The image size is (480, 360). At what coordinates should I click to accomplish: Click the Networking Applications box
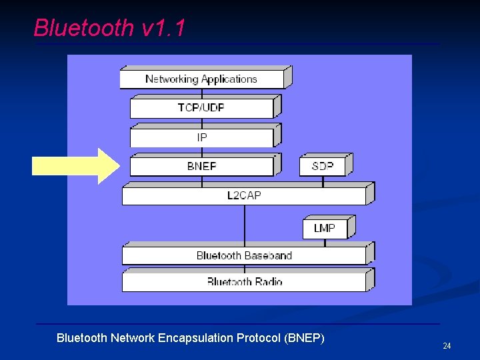[x=201, y=79]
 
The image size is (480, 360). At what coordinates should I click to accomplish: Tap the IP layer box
[x=201, y=137]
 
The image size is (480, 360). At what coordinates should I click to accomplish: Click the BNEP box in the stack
[x=201, y=167]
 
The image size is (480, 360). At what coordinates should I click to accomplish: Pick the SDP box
[x=323, y=167]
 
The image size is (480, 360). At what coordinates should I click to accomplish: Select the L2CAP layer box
[x=244, y=196]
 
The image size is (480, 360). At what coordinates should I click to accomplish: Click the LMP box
[x=325, y=229]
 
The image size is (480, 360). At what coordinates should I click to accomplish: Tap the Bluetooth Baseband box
[x=244, y=255]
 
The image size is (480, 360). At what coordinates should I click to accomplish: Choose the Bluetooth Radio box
[x=244, y=281]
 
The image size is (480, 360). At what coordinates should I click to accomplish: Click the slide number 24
[x=447, y=345]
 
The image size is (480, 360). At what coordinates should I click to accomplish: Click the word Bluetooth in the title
[x=83, y=28]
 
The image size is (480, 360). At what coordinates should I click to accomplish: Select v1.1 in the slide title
[x=163, y=28]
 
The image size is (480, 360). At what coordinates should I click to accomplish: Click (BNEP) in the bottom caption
[x=304, y=338]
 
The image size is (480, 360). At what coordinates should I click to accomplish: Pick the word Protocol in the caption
[x=259, y=338]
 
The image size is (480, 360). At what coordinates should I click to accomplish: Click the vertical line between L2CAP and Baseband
[x=244, y=224]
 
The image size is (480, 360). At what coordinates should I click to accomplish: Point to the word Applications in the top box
[x=229, y=79]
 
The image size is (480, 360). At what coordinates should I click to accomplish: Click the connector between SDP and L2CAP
[x=323, y=181]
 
